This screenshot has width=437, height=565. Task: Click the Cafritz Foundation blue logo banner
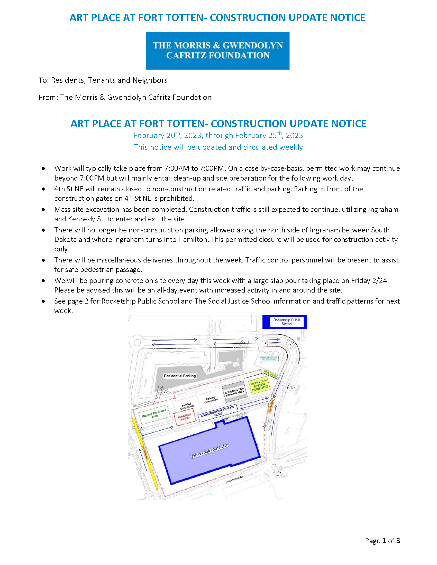217,51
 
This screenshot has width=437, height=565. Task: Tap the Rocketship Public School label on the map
287,322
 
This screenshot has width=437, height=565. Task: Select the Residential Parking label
180,376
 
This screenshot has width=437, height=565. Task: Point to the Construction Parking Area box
234,392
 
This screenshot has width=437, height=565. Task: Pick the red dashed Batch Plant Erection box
185,417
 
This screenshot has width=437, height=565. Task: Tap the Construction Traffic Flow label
217,411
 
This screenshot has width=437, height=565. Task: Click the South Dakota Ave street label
234,479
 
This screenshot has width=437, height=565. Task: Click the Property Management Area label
269,359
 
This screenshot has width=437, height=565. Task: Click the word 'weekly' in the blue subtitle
291,147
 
